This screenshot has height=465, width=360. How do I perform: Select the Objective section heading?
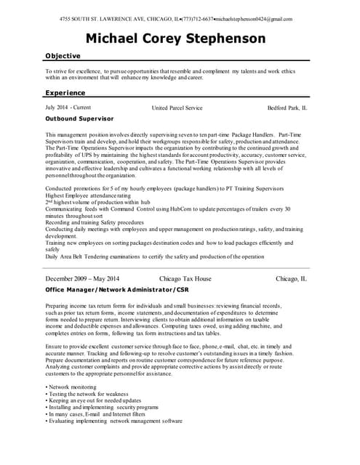click(63, 56)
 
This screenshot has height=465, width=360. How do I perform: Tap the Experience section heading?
click(65, 93)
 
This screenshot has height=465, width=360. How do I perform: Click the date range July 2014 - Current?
click(68, 108)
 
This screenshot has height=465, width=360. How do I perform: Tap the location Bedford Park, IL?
click(287, 108)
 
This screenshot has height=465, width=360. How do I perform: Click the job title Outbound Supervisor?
click(79, 118)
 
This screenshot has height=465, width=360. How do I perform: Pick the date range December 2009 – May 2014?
click(82, 278)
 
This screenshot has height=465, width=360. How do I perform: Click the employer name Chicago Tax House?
click(185, 278)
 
